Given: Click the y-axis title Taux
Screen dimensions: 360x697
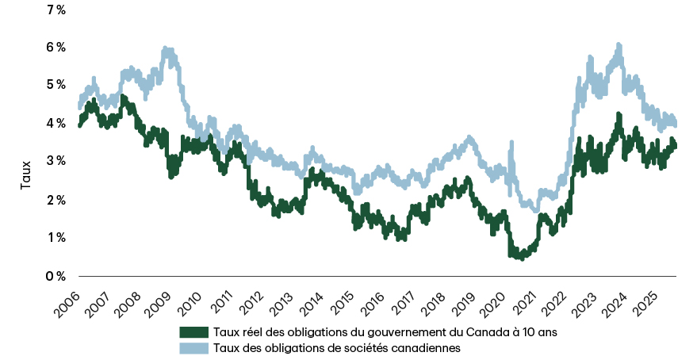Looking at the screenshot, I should click(x=26, y=174).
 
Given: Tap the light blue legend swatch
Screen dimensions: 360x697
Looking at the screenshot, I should click(x=194, y=347).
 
